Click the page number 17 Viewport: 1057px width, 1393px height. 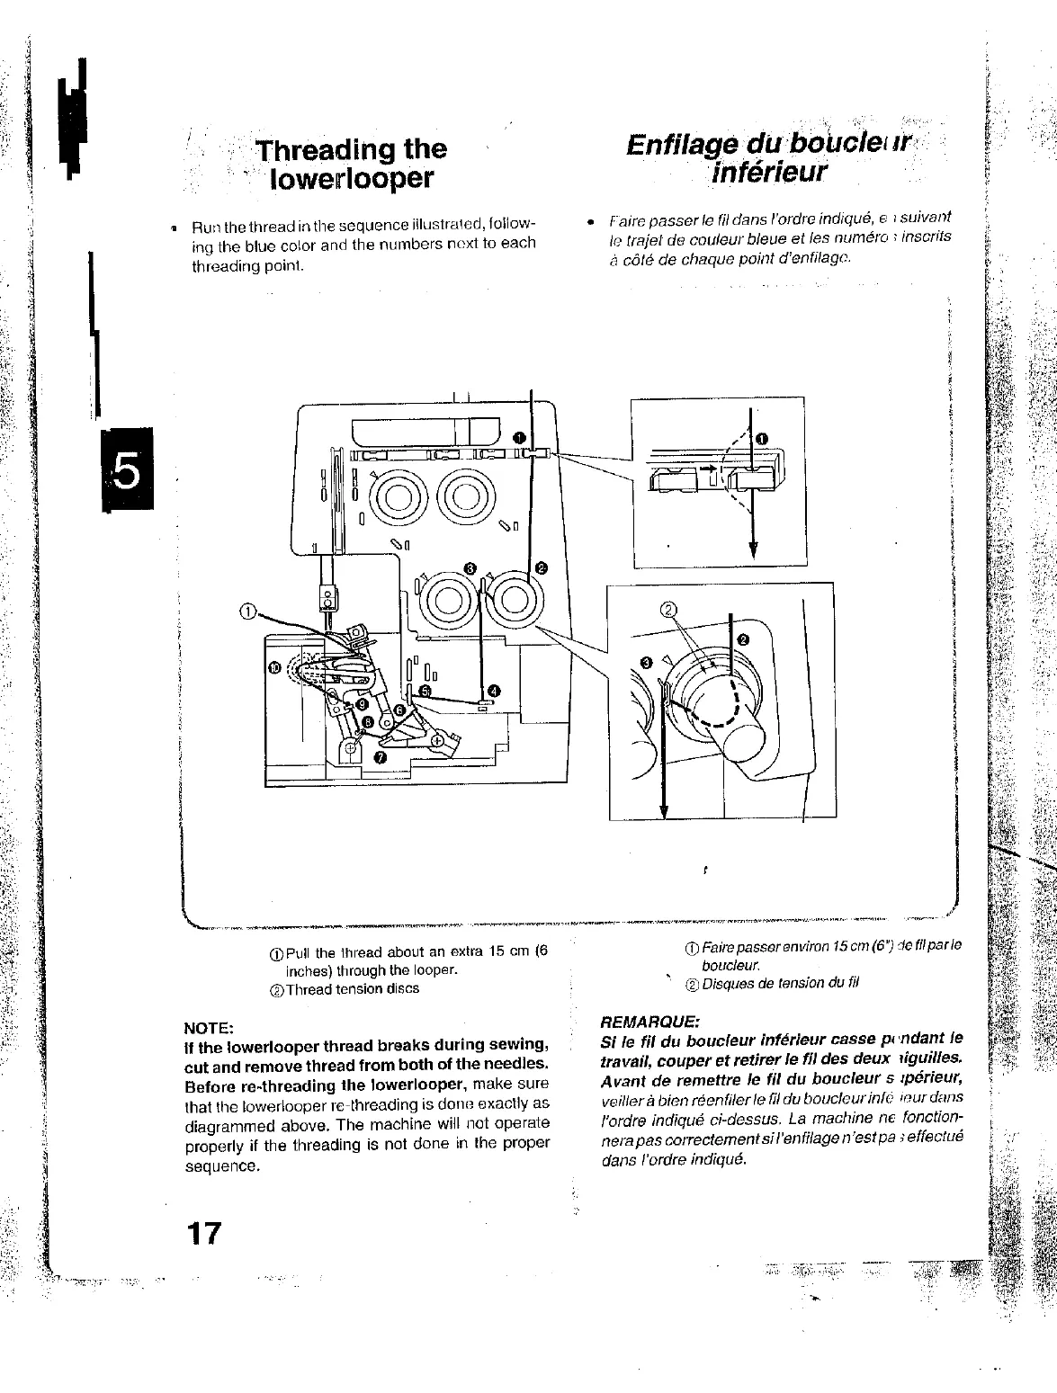[x=203, y=1231]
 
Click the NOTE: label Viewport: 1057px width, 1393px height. [x=209, y=1027]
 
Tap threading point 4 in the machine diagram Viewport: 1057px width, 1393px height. [x=494, y=690]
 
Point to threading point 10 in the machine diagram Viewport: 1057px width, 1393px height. [x=276, y=666]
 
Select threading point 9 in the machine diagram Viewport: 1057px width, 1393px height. [x=361, y=703]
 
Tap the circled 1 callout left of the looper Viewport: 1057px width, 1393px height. [x=247, y=612]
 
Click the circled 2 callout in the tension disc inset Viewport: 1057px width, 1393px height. [x=668, y=609]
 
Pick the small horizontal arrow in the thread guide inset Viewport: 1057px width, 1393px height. [x=711, y=469]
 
